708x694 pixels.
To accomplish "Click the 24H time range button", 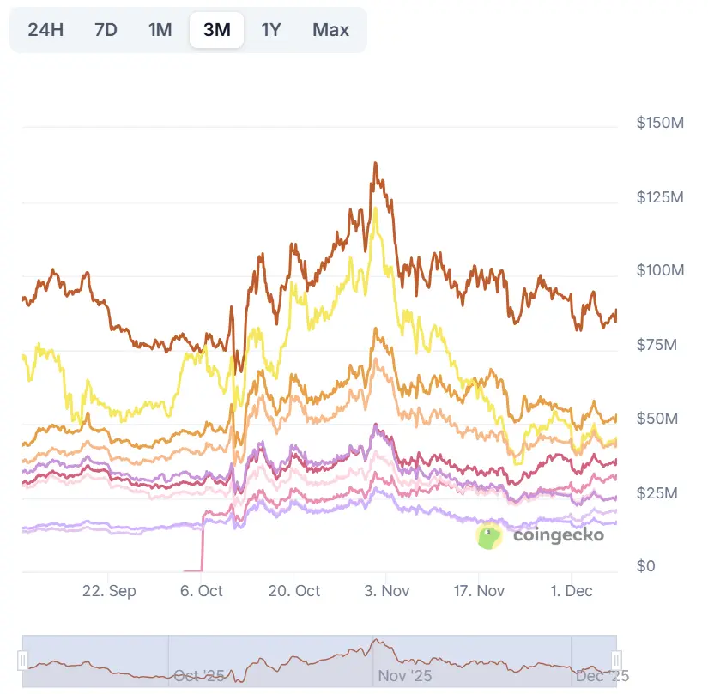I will pos(45,30).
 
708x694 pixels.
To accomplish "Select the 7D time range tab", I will pos(106,30).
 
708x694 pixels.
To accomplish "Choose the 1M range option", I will pos(160,30).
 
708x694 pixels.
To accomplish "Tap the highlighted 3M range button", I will pos(216,30).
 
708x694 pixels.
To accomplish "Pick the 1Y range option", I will pos(271,30).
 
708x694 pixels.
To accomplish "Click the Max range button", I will pos(330,30).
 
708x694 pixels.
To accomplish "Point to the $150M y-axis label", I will pos(659,124).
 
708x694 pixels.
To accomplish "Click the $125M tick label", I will pos(659,197).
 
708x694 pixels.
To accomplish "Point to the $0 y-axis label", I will pos(646,567).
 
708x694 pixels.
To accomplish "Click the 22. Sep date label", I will pos(109,591).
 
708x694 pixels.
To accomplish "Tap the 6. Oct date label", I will pos(201,591).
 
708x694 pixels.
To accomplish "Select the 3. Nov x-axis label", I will pos(387,591).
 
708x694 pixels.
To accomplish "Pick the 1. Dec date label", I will pos(572,591).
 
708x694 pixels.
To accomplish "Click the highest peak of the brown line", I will pos(375,163).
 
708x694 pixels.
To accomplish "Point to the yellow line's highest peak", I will pos(375,208).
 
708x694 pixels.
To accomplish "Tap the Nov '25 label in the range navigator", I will pos(405,676).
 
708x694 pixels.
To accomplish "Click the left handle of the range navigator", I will pos(23,660).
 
